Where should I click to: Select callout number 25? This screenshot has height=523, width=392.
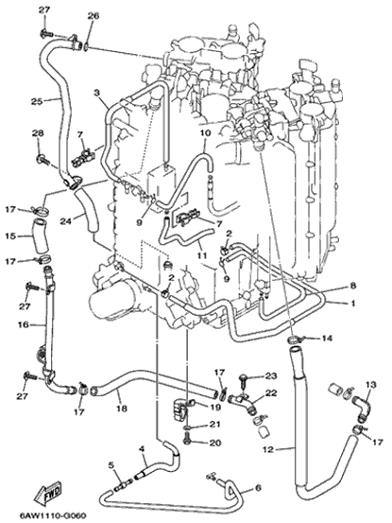pyautogui.click(x=37, y=101)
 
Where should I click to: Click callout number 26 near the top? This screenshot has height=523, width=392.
pyautogui.click(x=94, y=16)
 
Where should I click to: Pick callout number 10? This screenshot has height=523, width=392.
pyautogui.click(x=206, y=133)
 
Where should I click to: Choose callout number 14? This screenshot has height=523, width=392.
pyautogui.click(x=327, y=339)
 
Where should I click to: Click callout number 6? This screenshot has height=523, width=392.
pyautogui.click(x=258, y=488)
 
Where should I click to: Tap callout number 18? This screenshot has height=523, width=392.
pyautogui.click(x=122, y=408)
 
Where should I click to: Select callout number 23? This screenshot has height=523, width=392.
pyautogui.click(x=271, y=376)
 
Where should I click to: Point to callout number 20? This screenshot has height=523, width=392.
pyautogui.click(x=215, y=443)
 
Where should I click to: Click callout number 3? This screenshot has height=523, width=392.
pyautogui.click(x=96, y=93)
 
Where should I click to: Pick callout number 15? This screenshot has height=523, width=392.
pyautogui.click(x=10, y=236)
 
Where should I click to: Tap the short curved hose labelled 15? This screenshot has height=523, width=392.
pyautogui.click(x=40, y=235)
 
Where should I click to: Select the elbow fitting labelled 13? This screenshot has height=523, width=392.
pyautogui.click(x=362, y=405)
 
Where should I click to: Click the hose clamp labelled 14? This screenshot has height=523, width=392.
pyautogui.click(x=294, y=340)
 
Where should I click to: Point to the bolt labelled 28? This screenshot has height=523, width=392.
pyautogui.click(x=43, y=159)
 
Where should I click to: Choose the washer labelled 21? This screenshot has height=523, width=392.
pyautogui.click(x=188, y=427)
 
